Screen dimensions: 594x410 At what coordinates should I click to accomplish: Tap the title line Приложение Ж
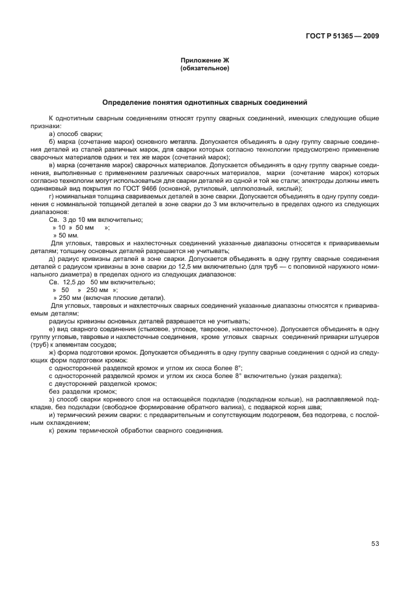204,60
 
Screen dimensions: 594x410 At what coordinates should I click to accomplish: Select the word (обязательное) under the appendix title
204,68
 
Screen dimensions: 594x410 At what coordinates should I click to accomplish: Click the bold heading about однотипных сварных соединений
204,103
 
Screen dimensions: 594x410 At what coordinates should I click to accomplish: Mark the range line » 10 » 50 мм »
81,227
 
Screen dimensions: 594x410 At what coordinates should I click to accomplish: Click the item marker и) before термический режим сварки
52,415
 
